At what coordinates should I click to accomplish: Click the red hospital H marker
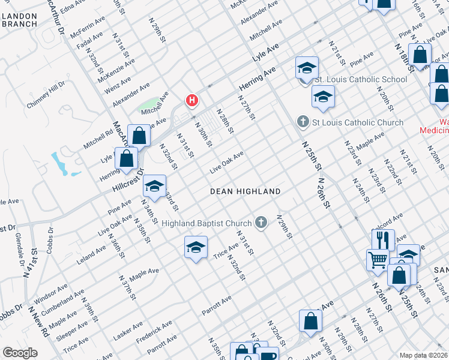[x=191, y=100]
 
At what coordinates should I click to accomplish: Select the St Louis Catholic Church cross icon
[x=303, y=122]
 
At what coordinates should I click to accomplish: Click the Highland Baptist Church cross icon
[x=261, y=223]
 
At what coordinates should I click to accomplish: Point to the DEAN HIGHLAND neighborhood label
[x=245, y=191]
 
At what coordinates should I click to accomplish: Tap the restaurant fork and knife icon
[x=382, y=240]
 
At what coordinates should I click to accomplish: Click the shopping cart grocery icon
[x=378, y=259]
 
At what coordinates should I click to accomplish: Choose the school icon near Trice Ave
[x=196, y=247]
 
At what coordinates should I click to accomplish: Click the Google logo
[x=20, y=353]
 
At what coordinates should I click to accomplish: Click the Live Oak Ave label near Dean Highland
[x=226, y=163]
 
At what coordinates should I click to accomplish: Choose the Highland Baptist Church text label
[x=207, y=223]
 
